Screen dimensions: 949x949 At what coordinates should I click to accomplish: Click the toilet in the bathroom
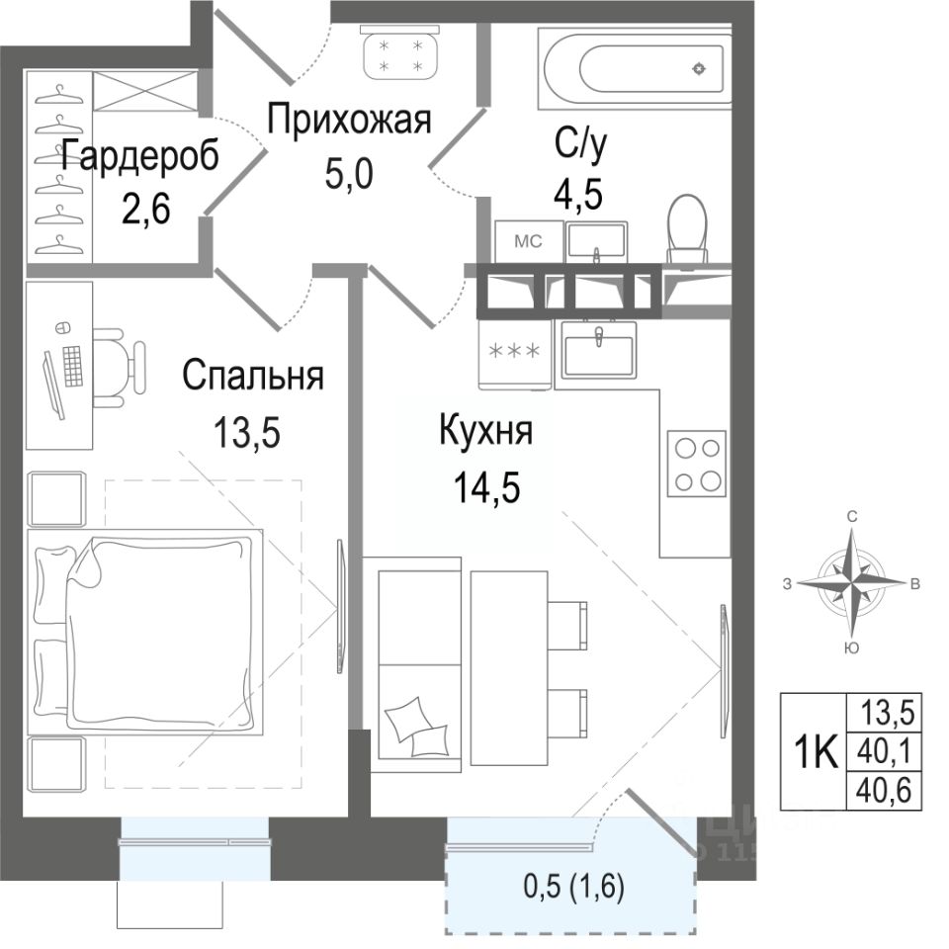pyautogui.click(x=687, y=231)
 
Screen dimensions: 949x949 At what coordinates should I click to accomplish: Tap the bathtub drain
pyautogui.click(x=699, y=69)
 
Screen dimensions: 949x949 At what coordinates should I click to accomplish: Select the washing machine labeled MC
pyautogui.click(x=529, y=241)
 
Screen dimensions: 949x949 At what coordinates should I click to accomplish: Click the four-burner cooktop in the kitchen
pyautogui.click(x=697, y=464)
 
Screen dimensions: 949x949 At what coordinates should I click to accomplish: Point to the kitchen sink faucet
pyautogui.click(x=599, y=335)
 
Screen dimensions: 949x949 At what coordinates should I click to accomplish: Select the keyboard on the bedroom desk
pyautogui.click(x=72, y=366)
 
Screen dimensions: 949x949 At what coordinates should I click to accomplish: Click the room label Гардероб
pyautogui.click(x=139, y=156)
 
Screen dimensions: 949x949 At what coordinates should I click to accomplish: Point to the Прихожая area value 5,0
pyautogui.click(x=349, y=174)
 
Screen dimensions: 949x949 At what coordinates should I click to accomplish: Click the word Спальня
pyautogui.click(x=253, y=376)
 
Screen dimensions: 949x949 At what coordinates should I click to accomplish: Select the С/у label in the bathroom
pyautogui.click(x=581, y=144)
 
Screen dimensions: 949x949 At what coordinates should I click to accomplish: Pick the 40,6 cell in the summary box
pyautogui.click(x=884, y=791)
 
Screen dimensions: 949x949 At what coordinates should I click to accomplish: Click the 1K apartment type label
pyautogui.click(x=815, y=752)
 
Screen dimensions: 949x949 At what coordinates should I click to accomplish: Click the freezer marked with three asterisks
pyautogui.click(x=515, y=354)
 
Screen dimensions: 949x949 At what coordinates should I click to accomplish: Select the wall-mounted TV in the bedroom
pyautogui.click(x=341, y=606)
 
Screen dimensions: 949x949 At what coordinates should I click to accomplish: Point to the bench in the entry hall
pyautogui.click(x=400, y=52)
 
